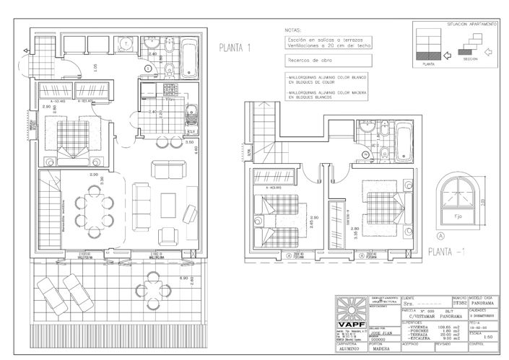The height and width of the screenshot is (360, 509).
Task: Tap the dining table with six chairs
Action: click(x=92, y=208)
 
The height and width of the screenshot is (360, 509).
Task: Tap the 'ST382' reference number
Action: click(x=460, y=304)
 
